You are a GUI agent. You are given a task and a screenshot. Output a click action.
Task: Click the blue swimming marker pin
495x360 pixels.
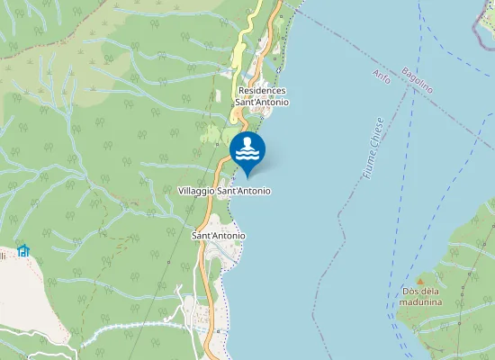247,151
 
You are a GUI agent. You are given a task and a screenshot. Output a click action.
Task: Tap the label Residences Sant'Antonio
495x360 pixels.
262,96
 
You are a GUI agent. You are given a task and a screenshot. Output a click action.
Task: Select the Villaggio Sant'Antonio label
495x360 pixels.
224,191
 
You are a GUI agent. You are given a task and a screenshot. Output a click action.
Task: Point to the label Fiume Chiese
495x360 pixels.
375,148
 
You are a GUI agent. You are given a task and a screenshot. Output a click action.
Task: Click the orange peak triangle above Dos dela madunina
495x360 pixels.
419,281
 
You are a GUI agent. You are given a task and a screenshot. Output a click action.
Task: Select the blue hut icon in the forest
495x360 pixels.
22,249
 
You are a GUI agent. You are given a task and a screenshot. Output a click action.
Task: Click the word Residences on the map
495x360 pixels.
262,91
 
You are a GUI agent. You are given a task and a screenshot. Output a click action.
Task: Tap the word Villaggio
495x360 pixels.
197,191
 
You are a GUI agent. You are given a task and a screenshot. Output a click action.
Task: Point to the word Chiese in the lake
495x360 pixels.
379,134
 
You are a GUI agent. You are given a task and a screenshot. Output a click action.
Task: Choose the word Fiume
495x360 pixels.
370,165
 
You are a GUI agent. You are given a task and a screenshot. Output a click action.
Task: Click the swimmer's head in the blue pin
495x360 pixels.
247,141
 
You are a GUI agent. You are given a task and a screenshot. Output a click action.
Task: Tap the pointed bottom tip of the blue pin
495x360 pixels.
247,175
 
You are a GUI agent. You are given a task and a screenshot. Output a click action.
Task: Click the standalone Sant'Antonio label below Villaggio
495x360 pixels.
219,236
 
